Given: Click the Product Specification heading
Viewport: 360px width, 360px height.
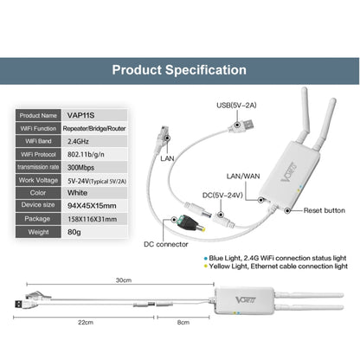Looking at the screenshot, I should [x=180, y=70].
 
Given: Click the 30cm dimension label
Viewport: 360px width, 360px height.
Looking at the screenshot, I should [x=124, y=281].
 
